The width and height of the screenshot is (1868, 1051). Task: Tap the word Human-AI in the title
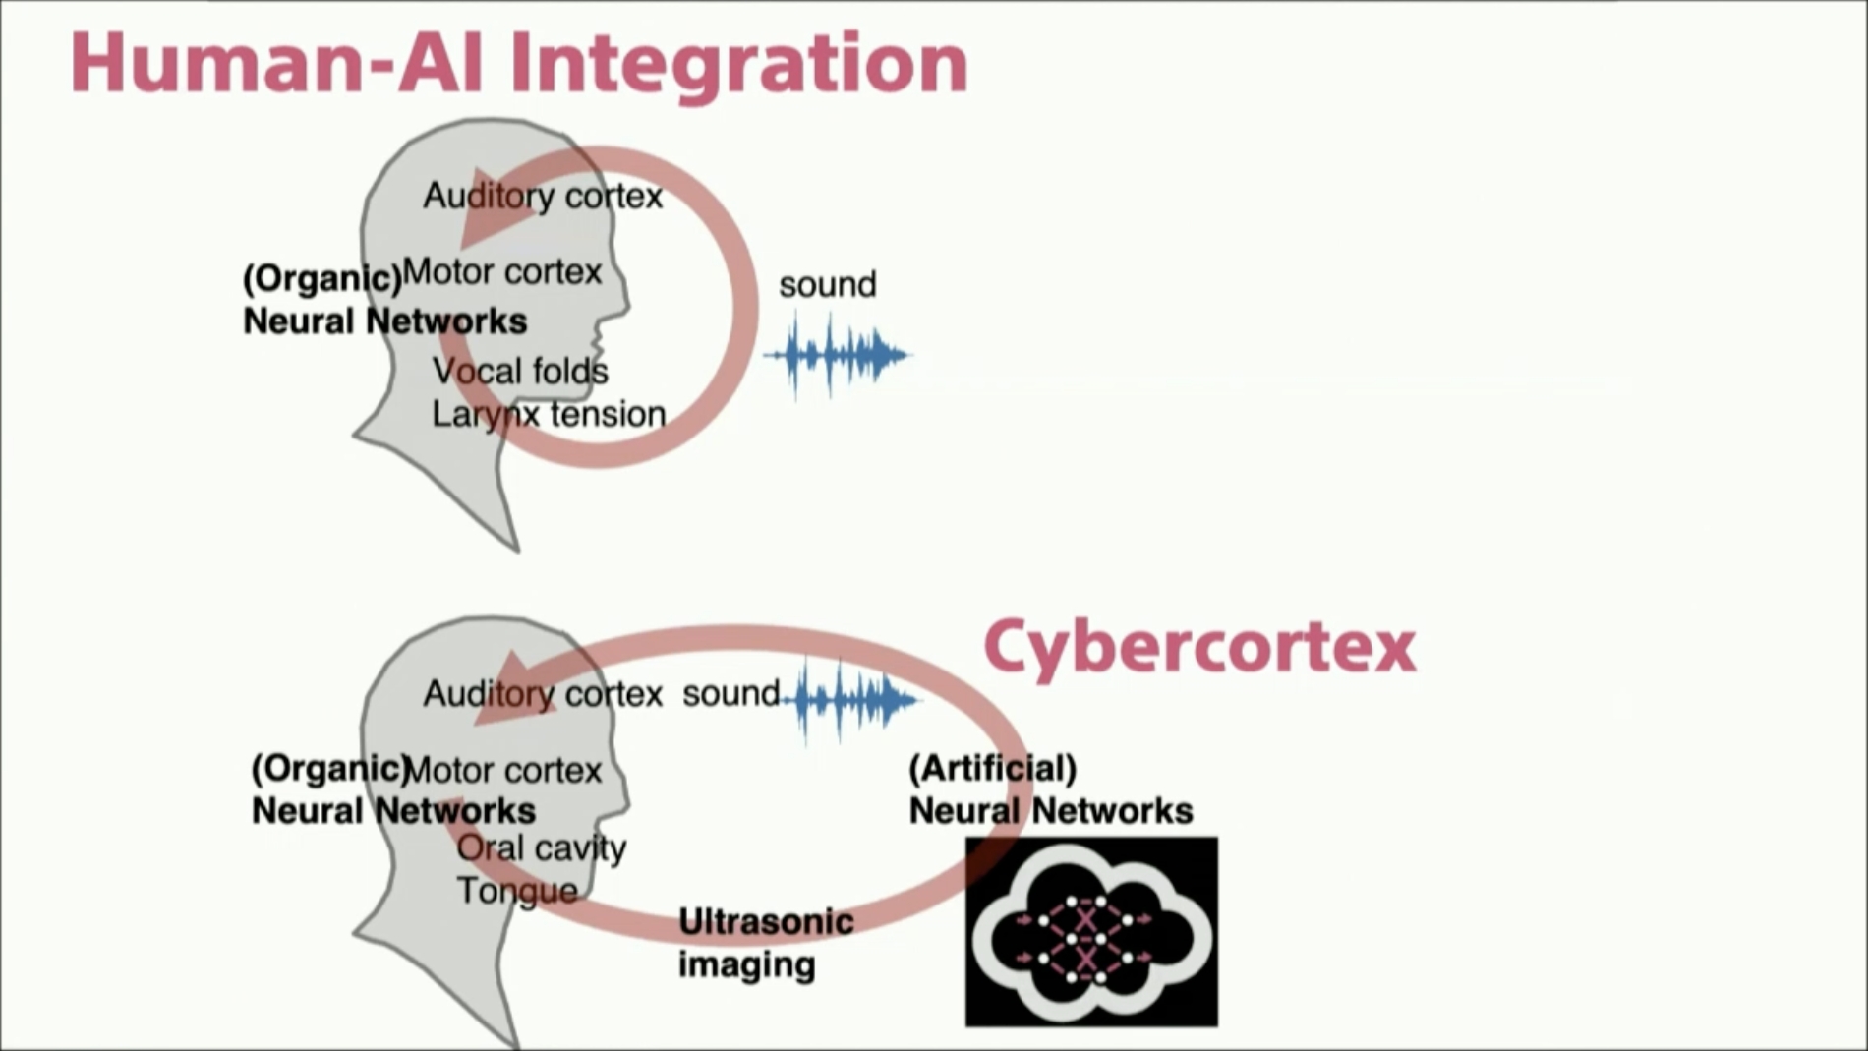(x=275, y=63)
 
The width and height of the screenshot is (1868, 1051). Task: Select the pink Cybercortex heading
(x=1199, y=647)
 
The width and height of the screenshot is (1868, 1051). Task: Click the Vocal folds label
(x=520, y=372)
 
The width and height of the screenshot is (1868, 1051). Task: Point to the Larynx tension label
(x=549, y=414)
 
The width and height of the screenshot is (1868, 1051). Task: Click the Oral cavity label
(x=542, y=847)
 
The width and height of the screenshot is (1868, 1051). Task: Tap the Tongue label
(x=517, y=891)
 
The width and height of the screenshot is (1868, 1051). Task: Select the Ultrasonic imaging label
(x=765, y=943)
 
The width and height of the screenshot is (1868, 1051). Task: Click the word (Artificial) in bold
(x=992, y=768)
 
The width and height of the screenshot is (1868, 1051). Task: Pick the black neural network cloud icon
(x=1091, y=932)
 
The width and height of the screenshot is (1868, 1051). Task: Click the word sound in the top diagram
(x=827, y=285)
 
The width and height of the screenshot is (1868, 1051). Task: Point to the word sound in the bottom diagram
(x=730, y=694)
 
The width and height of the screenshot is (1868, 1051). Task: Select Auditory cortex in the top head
(x=543, y=197)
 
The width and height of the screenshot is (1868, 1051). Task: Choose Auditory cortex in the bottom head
(x=543, y=694)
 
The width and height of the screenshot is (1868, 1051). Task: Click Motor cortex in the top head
(x=501, y=271)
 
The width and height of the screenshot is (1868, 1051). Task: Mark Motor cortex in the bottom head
(x=502, y=770)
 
